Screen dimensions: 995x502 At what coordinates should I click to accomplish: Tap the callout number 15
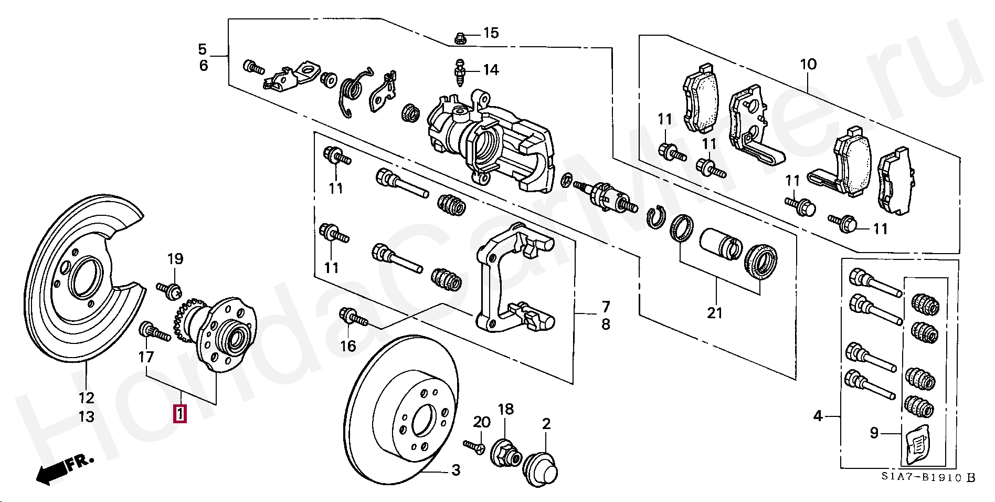coord(491,33)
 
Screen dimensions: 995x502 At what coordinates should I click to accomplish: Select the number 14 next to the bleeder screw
coord(491,70)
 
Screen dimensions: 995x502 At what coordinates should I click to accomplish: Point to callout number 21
coord(715,313)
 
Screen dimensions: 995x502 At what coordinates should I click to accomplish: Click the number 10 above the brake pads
coord(808,65)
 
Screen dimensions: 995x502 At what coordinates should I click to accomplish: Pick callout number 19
coord(175,258)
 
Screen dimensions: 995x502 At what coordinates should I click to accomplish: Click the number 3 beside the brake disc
coord(456,470)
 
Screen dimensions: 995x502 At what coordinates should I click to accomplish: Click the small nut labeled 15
coord(460,37)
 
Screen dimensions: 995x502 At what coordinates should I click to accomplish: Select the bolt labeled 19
coord(169,290)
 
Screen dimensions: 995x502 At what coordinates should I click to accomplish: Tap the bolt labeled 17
coord(155,333)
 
